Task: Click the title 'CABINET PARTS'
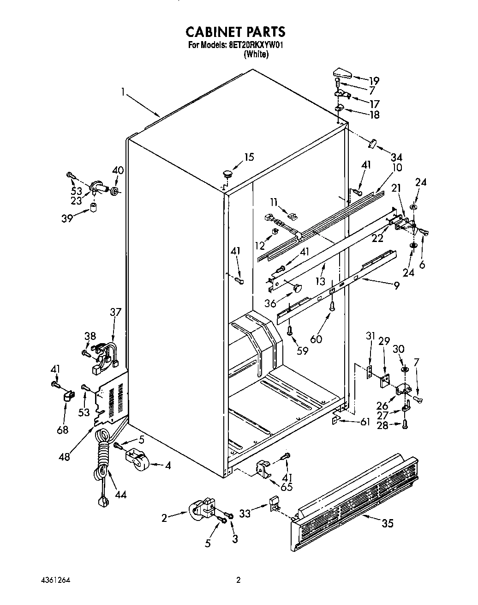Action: tap(235, 31)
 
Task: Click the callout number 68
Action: tap(62, 430)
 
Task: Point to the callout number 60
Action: tap(316, 339)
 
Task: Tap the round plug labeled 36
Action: tap(297, 288)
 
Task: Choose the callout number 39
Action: tap(67, 218)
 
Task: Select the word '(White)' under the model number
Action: tap(256, 54)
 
